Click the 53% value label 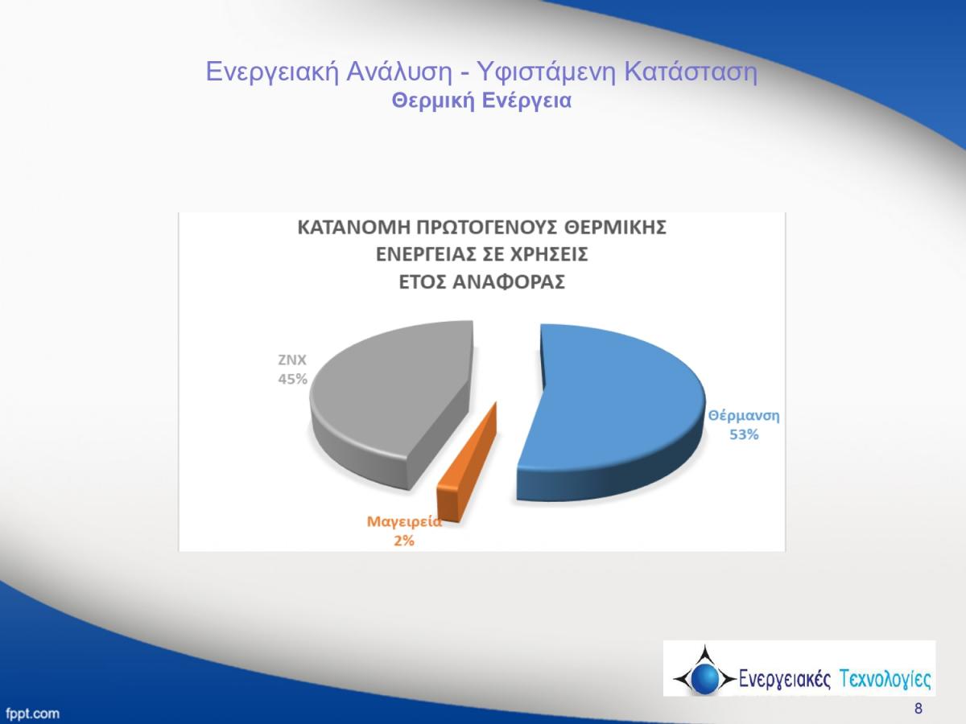[x=744, y=434]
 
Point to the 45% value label [x=293, y=379]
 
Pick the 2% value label [x=404, y=541]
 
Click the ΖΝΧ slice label [x=291, y=360]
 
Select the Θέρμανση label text [x=744, y=416]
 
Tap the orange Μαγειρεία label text [x=404, y=521]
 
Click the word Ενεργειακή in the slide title [x=272, y=72]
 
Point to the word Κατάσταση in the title [x=691, y=72]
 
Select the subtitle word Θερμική [x=433, y=101]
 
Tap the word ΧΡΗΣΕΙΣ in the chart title [x=548, y=254]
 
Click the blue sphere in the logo [x=704, y=678]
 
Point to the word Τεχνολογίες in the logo [x=885, y=678]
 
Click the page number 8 [x=919, y=709]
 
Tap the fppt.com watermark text [x=32, y=713]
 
